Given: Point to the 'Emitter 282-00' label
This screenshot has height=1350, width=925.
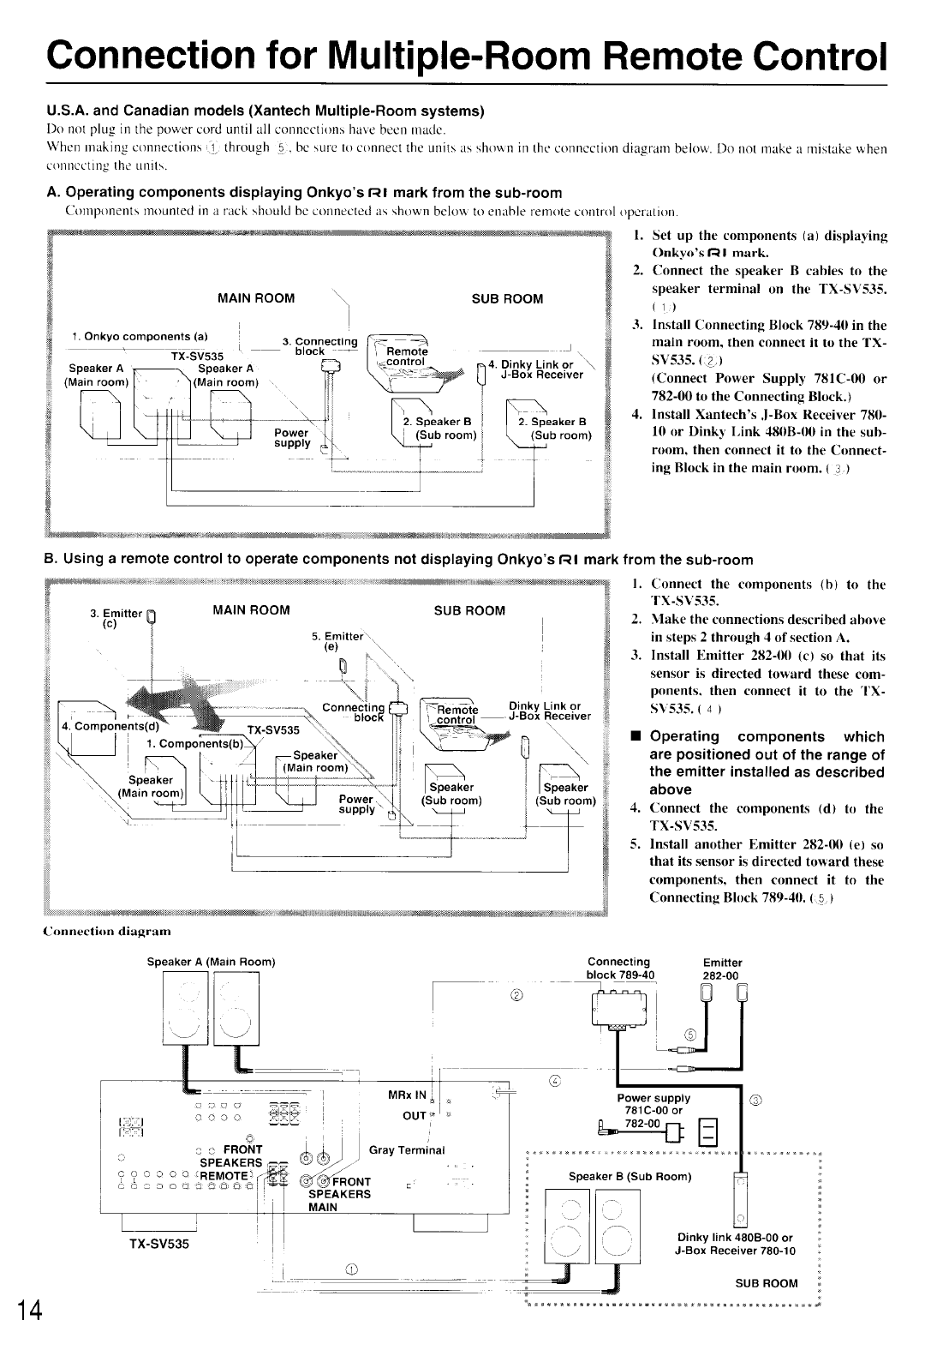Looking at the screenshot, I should [722, 969].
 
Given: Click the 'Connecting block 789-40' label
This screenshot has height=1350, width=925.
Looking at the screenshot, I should [619, 969].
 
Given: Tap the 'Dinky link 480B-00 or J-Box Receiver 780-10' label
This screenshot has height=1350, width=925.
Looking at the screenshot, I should [736, 1244].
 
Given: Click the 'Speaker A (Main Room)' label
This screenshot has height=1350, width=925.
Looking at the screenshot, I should [211, 962].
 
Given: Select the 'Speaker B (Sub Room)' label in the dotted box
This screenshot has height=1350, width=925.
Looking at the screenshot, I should [630, 1176].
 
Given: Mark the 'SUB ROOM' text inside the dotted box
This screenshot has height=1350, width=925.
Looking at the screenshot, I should [767, 1283].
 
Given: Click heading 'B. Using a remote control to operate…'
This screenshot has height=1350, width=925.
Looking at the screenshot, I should [399, 560].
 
